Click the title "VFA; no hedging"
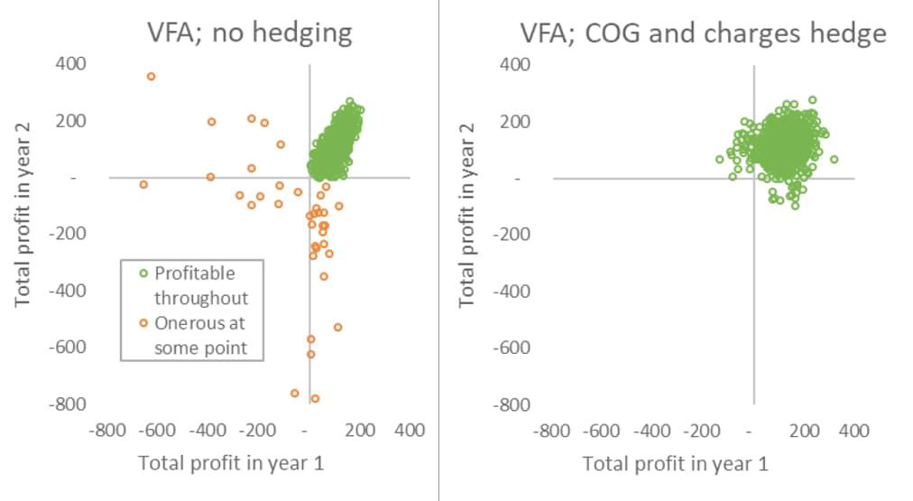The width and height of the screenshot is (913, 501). tap(250, 33)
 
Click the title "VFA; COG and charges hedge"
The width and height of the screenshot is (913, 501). tap(704, 33)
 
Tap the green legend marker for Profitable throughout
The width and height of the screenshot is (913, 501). tap(143, 274)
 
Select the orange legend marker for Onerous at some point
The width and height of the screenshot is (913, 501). tap(143, 323)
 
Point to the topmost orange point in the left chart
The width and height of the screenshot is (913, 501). tap(151, 77)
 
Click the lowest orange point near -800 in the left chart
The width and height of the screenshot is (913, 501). tap(315, 399)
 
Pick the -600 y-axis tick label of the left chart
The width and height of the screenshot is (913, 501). tap(68, 348)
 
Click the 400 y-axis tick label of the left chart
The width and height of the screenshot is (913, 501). tap(71, 63)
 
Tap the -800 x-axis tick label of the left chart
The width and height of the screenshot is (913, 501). tap(107, 431)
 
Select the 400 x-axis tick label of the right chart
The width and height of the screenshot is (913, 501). tap(853, 431)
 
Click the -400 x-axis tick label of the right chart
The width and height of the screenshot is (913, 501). tap(651, 431)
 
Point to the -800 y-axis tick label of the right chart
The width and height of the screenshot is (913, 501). tap(512, 404)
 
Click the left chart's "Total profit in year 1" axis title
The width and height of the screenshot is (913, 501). tap(231, 463)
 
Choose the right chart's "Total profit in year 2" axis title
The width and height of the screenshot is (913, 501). tap(467, 215)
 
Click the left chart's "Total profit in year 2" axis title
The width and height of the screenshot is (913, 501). tap(23, 214)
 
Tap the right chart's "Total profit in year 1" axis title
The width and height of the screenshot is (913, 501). tap(676, 464)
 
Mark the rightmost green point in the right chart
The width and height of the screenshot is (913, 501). tap(834, 159)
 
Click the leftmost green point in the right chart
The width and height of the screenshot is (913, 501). tap(720, 159)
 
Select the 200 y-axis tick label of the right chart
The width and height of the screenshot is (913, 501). tap(515, 121)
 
